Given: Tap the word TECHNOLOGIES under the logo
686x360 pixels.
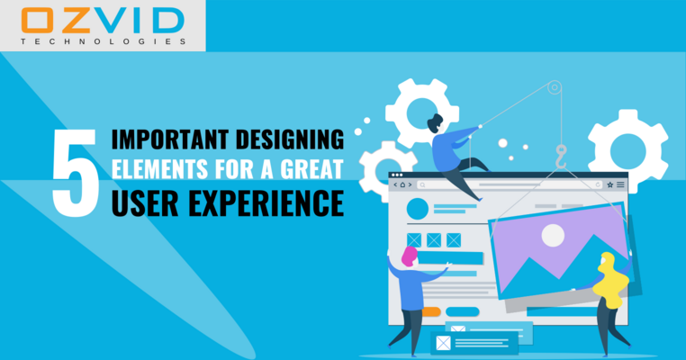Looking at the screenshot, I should [102, 41].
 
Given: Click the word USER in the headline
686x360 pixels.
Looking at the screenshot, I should [141, 202].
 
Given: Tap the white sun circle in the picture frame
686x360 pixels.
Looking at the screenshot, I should [553, 236].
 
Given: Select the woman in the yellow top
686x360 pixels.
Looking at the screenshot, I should [610, 297].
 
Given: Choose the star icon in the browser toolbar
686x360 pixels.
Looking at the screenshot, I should [610, 184].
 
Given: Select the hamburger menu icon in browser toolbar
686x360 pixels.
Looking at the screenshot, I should [621, 184].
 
